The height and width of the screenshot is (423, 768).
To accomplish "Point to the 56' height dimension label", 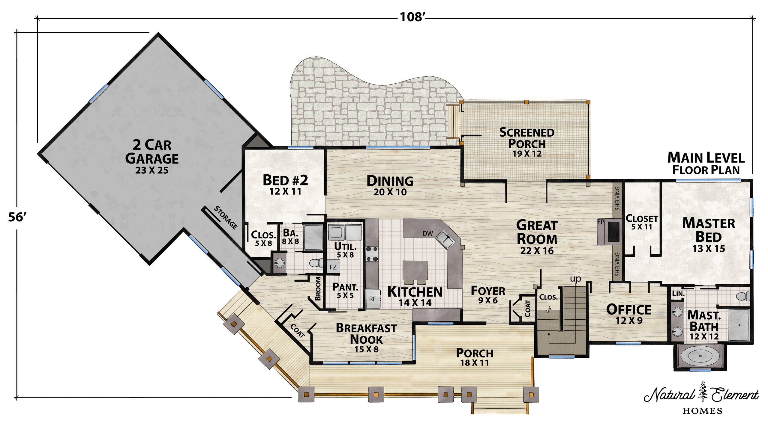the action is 18,217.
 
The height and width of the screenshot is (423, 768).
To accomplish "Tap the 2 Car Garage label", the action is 152,156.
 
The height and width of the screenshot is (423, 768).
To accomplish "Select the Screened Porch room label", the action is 527,142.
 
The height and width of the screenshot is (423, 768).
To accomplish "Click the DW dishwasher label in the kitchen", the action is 427,233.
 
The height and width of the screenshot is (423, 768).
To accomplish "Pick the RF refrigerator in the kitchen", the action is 373,299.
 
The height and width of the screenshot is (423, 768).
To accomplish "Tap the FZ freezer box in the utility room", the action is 333,267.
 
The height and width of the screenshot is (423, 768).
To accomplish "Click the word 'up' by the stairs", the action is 575,279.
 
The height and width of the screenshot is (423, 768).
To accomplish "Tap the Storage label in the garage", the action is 226,218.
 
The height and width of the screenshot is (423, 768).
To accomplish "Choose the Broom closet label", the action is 318,288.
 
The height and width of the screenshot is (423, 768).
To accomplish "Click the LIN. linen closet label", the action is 678,294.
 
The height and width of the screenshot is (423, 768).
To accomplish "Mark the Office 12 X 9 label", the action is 629,314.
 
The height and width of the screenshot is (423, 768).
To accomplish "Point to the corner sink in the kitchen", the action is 445,239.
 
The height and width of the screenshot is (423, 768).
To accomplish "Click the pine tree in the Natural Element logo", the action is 703,391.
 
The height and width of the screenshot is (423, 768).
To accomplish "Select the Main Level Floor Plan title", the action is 706,163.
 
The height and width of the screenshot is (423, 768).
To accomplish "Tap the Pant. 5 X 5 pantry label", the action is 345,291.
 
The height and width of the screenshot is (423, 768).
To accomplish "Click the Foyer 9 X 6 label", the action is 488,295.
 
